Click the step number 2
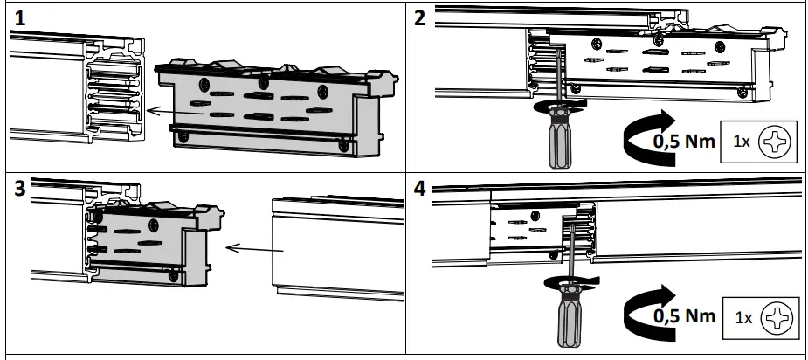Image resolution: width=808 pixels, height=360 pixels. coord(420,18)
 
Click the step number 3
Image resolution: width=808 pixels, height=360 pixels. coord(17,188)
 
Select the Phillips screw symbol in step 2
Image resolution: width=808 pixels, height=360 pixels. coord(772,141)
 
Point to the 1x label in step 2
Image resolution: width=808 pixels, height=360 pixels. coord(741,141)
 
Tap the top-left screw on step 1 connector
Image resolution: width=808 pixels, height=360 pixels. coord(205,86)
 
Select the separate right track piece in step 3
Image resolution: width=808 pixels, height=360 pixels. coord(336,245)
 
